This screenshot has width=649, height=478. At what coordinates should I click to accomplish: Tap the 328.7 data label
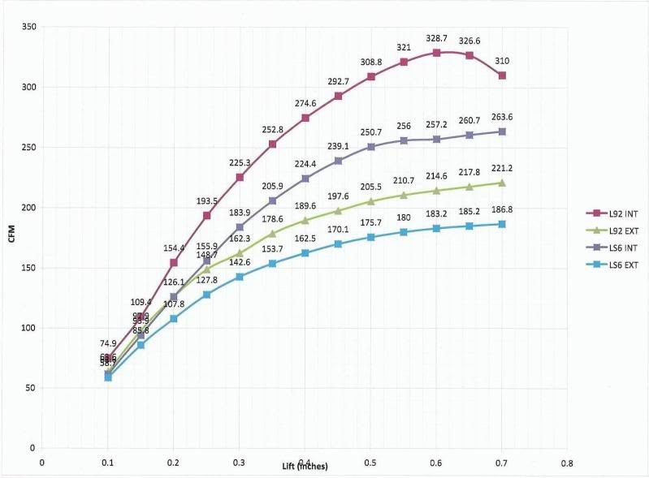[436, 38]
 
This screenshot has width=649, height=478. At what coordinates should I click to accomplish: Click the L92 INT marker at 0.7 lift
[503, 75]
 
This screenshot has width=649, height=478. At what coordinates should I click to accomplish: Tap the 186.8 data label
[503, 209]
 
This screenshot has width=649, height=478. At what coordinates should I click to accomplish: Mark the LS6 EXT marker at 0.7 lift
[503, 224]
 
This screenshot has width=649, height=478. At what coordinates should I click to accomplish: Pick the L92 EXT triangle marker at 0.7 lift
[503, 183]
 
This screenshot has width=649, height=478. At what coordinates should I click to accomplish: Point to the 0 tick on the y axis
[30, 448]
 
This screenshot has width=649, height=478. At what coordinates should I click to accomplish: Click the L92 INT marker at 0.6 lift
[436, 53]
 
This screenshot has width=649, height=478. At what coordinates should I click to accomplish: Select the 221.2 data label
[503, 167]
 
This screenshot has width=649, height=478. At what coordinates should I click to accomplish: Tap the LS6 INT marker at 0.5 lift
[370, 147]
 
